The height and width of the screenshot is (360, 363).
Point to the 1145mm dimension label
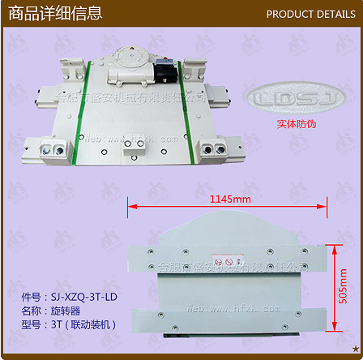pos(230,198)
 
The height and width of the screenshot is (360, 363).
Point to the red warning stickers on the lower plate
pos(229,263)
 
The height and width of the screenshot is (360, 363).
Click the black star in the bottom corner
pos(356,348)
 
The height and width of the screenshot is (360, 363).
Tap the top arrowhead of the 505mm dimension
pos(331,244)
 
